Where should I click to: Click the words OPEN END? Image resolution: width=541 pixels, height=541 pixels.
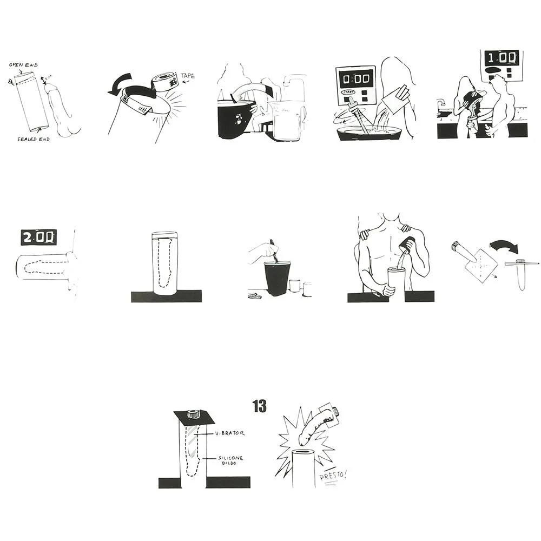[23, 65]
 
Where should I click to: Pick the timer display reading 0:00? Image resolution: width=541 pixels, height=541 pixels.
[355, 78]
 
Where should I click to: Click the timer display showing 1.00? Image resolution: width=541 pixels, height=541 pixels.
[501, 58]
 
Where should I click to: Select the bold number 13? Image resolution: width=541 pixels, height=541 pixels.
[260, 406]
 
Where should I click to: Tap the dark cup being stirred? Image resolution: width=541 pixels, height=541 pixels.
[277, 278]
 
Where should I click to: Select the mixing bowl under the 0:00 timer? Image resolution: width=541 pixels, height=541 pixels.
[370, 133]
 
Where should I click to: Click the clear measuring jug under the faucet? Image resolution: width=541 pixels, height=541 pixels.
[287, 121]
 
